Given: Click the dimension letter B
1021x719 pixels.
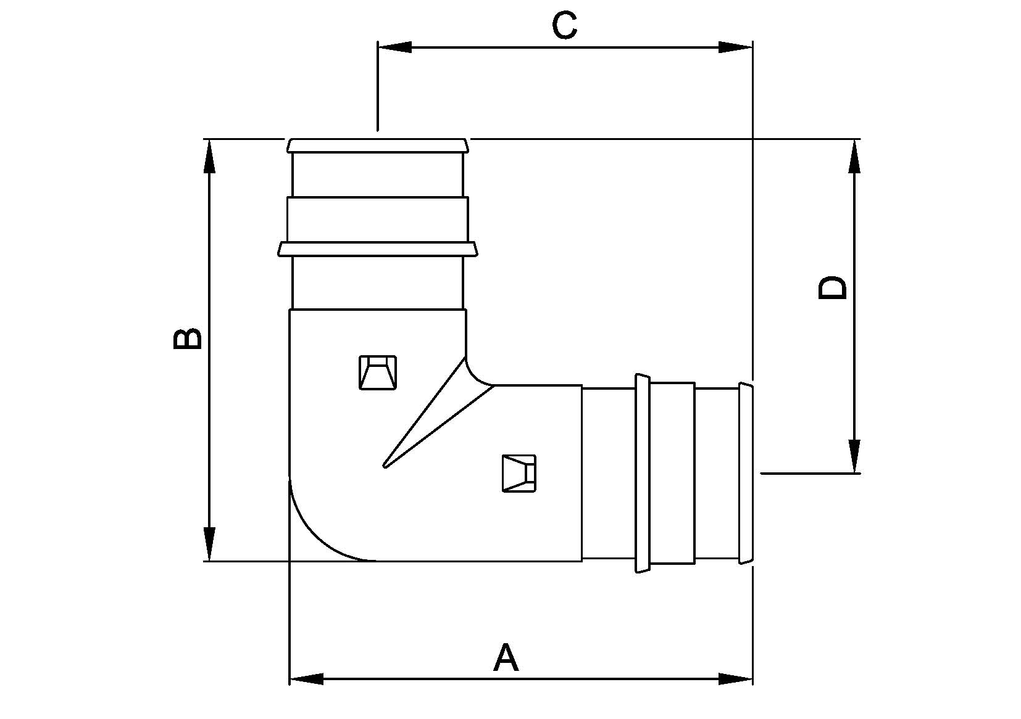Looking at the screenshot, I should [x=187, y=339].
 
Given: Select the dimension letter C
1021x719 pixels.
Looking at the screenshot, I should [x=564, y=25].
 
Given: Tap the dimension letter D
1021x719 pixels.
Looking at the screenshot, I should [x=833, y=288].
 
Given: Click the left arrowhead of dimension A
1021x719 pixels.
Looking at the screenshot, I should [x=306, y=679].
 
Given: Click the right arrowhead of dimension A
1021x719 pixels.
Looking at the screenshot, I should [x=736, y=679].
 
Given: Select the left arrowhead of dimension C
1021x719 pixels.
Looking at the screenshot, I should [x=394, y=47].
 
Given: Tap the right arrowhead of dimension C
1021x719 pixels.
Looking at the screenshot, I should [x=736, y=47].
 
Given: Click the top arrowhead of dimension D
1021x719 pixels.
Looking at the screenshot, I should [x=854, y=156].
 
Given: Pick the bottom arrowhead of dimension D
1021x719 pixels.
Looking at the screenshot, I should [x=854, y=456].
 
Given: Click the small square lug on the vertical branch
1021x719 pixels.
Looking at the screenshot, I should [x=377, y=372].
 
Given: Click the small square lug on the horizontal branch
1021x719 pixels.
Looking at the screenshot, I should [x=519, y=473].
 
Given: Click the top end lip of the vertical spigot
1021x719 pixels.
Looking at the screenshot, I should [x=377, y=146].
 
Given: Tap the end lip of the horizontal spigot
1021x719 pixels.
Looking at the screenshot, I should [x=746, y=473].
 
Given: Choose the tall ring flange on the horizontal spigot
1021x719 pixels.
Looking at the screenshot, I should [x=642, y=473].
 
